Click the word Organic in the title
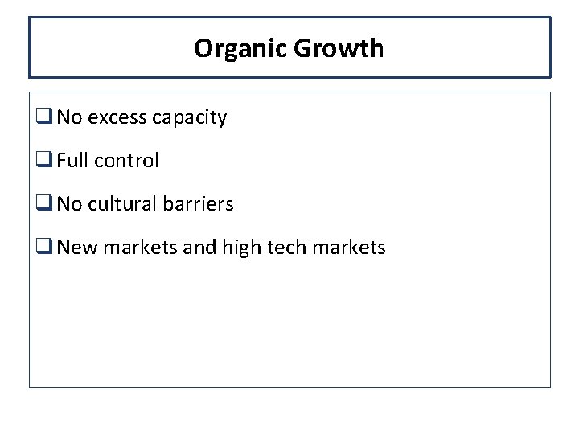pos(240,49)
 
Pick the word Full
pos(73,161)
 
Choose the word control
pos(126,161)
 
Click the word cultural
pos(123,204)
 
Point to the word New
pos(76,248)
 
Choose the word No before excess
pos(69,118)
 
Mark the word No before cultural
pos(69,204)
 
